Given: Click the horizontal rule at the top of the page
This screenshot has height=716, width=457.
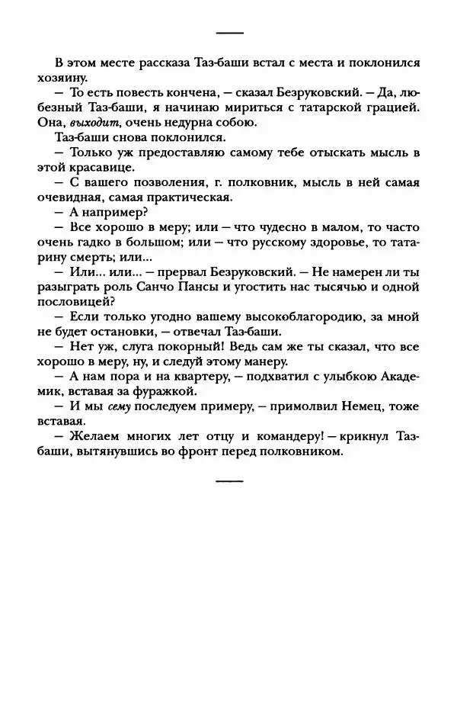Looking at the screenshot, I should click(x=229, y=34).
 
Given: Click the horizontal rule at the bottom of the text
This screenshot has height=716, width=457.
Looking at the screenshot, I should click(x=229, y=481).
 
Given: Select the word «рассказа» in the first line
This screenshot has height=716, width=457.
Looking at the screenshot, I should click(x=149, y=63).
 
